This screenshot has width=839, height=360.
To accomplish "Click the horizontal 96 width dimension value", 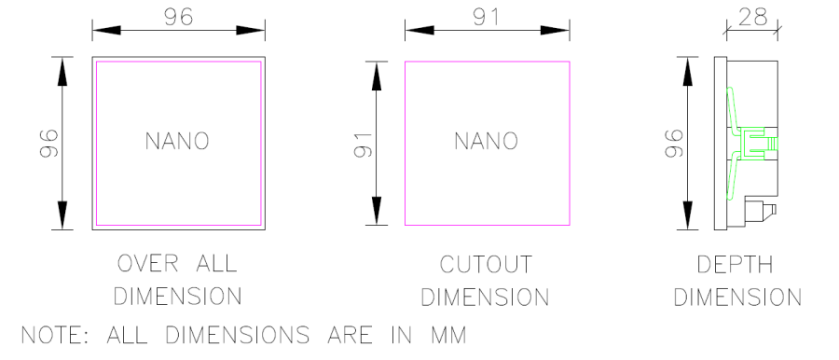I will [178, 17].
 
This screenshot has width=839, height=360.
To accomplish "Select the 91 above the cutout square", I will [486, 17].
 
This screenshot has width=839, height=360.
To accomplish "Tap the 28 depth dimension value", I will [751, 17].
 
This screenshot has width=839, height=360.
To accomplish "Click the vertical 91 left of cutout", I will [364, 144].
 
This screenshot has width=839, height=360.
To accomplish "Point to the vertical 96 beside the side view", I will [676, 144].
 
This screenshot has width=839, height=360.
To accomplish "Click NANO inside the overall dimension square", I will [177, 141].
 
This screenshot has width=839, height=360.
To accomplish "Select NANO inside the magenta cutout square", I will [486, 141].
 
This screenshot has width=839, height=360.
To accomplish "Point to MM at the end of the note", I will [447, 334].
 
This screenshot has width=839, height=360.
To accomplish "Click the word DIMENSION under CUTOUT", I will [485, 298].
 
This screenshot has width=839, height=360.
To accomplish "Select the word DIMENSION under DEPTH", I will [737, 298].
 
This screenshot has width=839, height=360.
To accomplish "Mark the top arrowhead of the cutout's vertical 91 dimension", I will [378, 75].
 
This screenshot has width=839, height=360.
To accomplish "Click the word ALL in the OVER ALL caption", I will [213, 264].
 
